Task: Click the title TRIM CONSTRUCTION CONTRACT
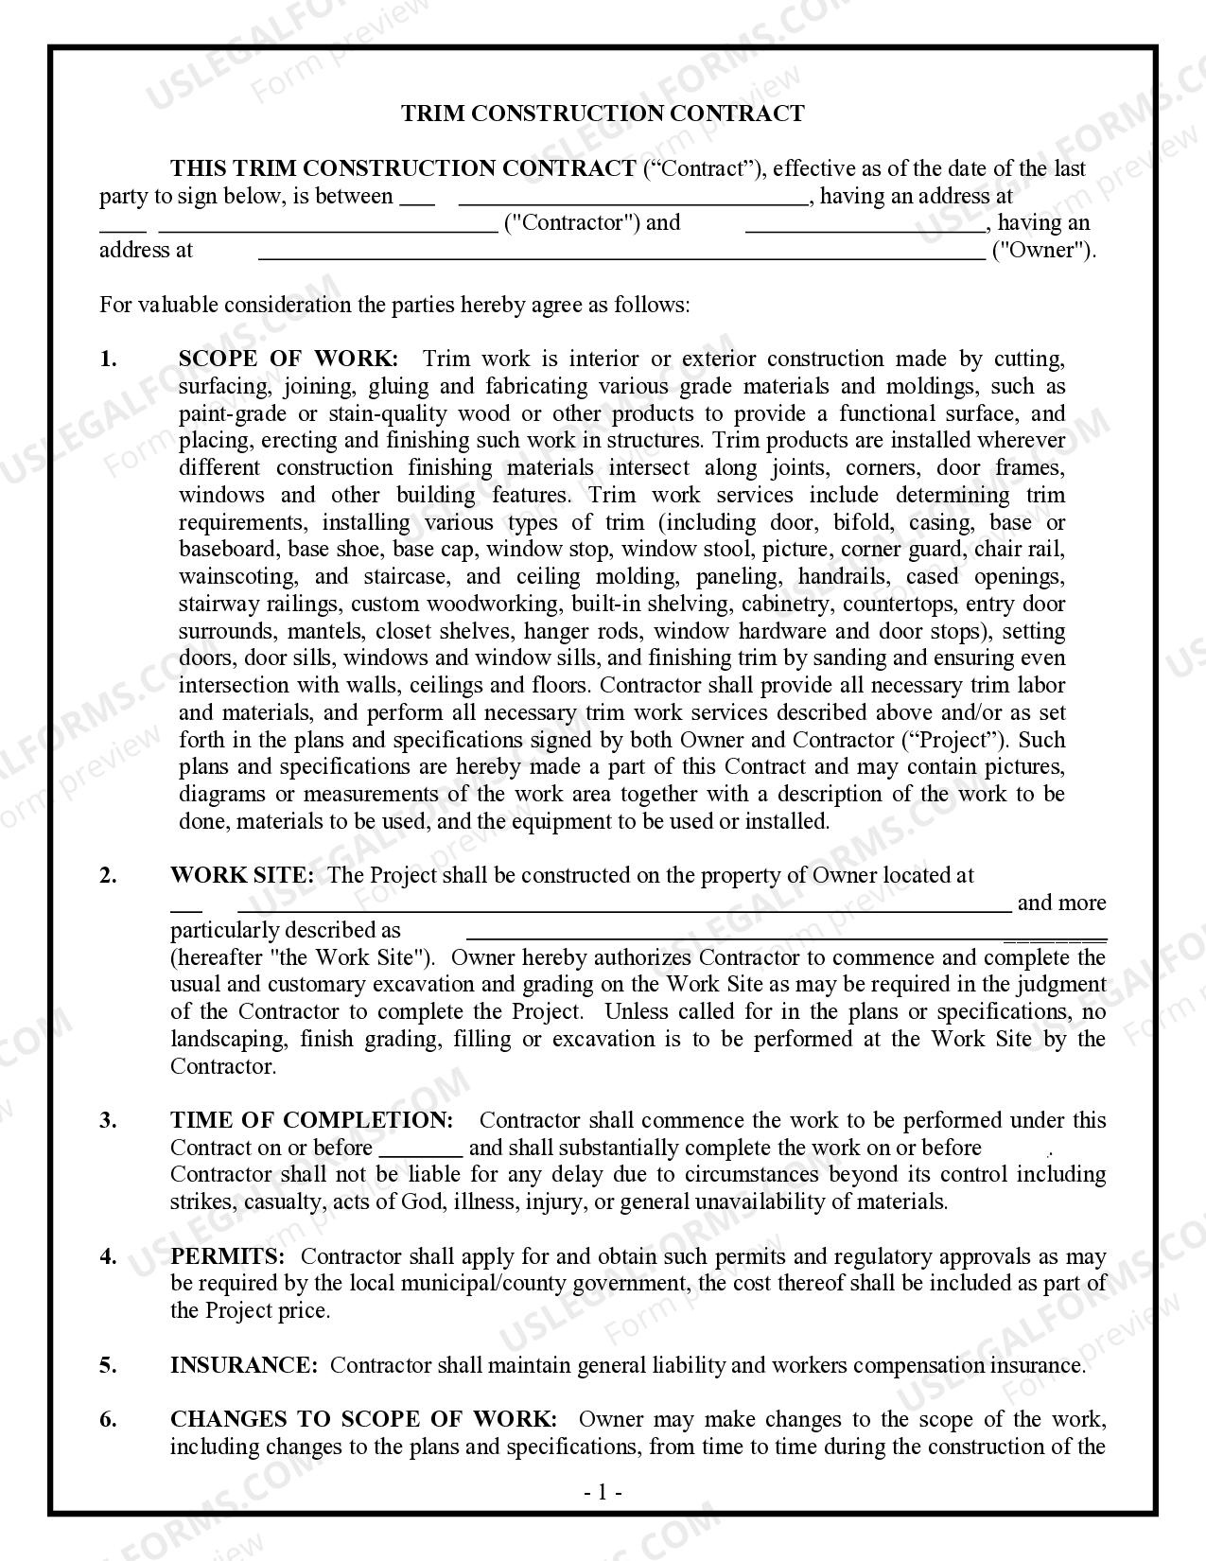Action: tap(603, 114)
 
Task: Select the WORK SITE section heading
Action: tap(241, 875)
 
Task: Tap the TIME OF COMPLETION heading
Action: tap(311, 1120)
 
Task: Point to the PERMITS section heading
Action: tap(227, 1256)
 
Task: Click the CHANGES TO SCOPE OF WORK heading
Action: tap(363, 1419)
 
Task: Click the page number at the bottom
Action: tap(603, 1493)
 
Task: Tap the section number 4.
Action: tap(108, 1256)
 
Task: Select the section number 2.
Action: tap(108, 875)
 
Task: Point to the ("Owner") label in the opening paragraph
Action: tap(1043, 251)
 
